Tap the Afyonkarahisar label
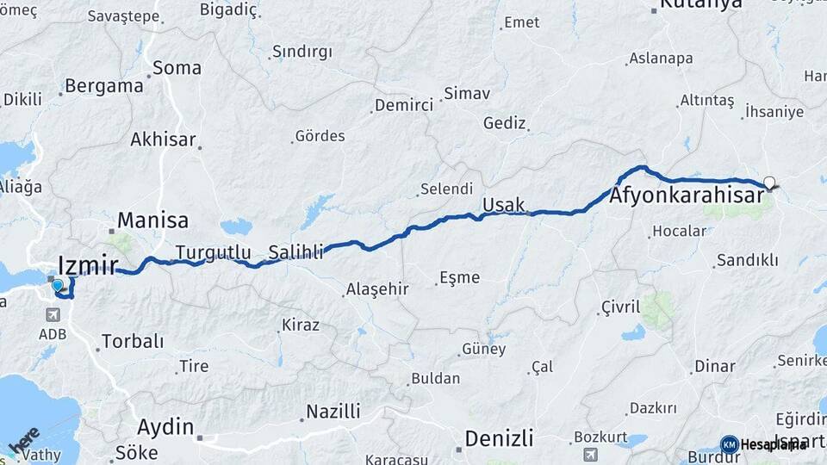[x=686, y=196]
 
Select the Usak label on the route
[x=503, y=205]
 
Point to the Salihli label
[x=295, y=252]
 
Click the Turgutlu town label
[x=213, y=252]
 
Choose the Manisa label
[x=152, y=219]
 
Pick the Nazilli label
[x=333, y=411]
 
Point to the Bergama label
[x=103, y=86]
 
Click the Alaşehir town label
[x=376, y=289]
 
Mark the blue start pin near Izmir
[x=57, y=285]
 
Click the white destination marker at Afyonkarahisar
[x=769, y=183]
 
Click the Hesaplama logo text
[x=772, y=444]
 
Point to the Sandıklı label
[x=747, y=259]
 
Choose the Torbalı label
[x=132, y=341]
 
